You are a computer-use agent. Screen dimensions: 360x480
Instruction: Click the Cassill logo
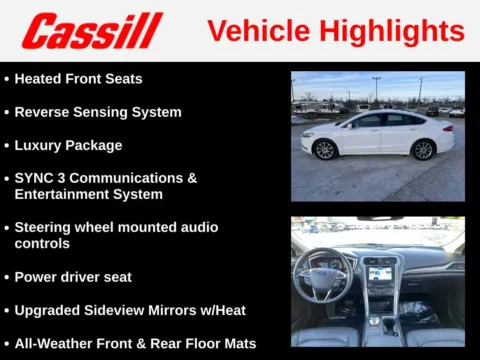click(91, 31)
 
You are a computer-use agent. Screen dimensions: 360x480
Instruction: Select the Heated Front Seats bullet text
click(78, 79)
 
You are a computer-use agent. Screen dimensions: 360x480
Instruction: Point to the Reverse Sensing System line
click(98, 112)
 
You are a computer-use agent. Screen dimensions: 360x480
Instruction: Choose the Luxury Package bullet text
click(68, 145)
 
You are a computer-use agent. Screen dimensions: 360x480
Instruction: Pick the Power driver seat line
click(73, 277)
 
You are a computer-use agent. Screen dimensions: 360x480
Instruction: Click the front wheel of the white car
click(324, 150)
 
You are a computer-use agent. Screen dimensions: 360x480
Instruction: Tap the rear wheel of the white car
click(422, 150)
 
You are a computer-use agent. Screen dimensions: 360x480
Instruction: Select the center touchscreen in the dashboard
click(380, 272)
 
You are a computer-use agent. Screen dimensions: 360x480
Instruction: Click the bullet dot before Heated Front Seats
click(6, 79)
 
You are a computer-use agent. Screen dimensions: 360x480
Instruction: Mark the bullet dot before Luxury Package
click(6, 145)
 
